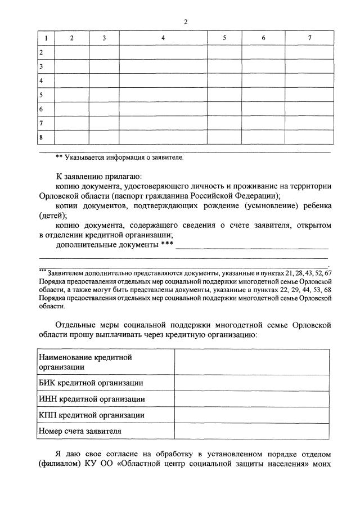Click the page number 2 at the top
pyautogui.click(x=185, y=22)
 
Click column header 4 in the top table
pyautogui.click(x=163, y=38)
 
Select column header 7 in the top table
pyautogui.click(x=309, y=38)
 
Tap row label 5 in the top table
pyautogui.click(x=42, y=94)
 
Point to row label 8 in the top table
pyautogui.click(x=42, y=136)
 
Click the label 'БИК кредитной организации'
pyautogui.click(x=91, y=383)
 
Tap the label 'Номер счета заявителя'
pyautogui.click(x=80, y=432)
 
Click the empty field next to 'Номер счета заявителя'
pyautogui.click(x=251, y=432)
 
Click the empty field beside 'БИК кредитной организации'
pyautogui.click(x=251, y=383)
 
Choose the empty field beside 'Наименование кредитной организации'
pyautogui.click(x=251, y=362)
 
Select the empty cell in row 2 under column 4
pyautogui.click(x=163, y=52)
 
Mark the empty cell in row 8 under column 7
pyautogui.click(x=309, y=136)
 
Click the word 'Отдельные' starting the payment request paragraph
pyautogui.click(x=76, y=325)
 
